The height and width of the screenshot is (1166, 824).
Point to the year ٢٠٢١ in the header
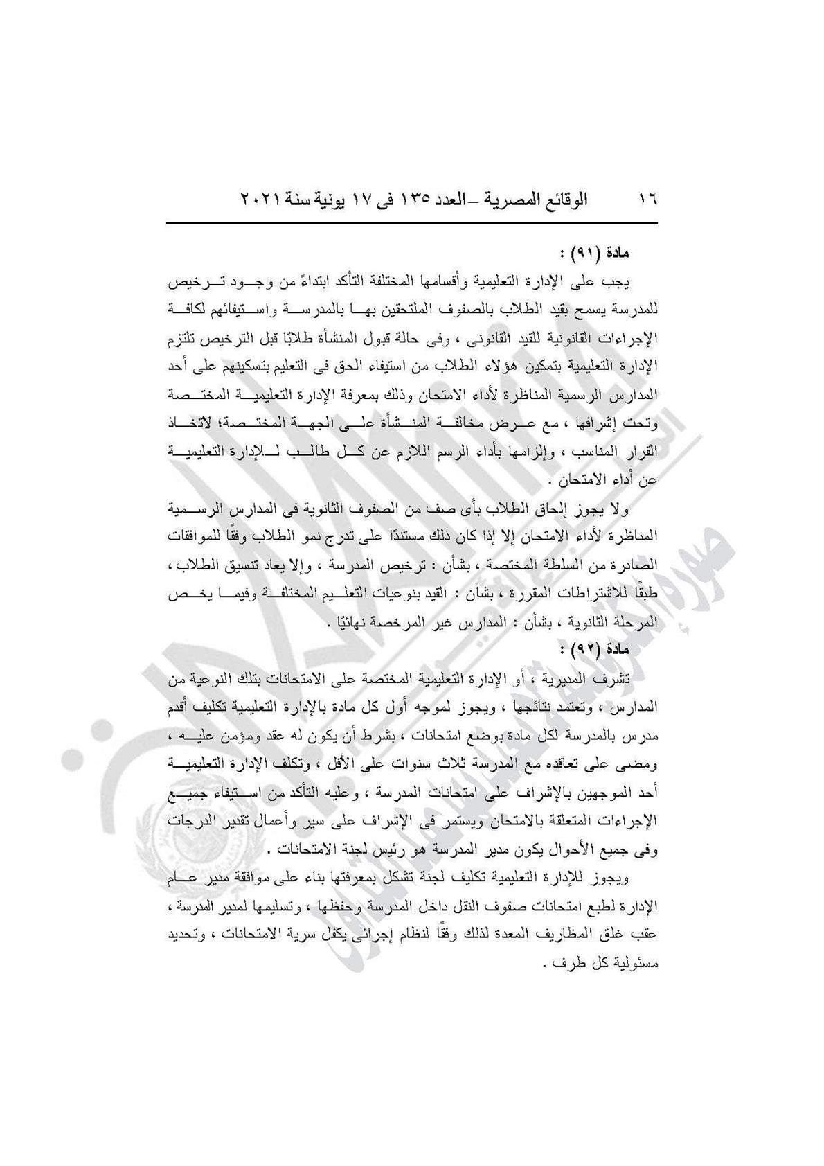[261, 200]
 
